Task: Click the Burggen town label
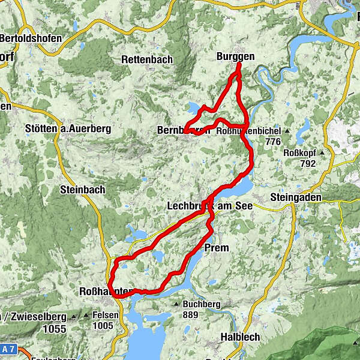[x=235, y=56]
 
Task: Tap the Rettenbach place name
[x=146, y=59]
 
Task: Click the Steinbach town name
[x=82, y=190]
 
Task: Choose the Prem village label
[x=217, y=247]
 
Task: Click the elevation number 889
[x=191, y=314]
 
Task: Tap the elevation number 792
[x=308, y=163]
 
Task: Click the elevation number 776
[x=272, y=142]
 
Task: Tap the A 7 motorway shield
[x=7, y=349]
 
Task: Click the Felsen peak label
[x=104, y=315]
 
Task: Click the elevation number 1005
[x=103, y=326]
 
